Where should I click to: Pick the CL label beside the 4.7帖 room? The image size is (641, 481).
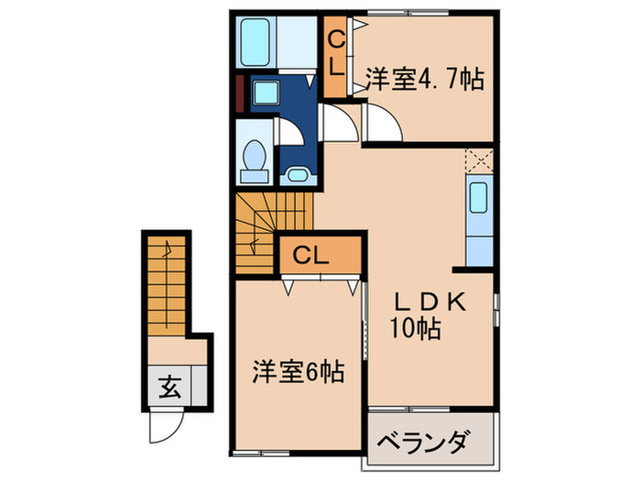click(x=336, y=54)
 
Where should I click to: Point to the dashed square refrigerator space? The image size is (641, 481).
click(x=479, y=161)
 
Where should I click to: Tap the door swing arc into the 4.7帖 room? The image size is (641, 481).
click(x=377, y=120)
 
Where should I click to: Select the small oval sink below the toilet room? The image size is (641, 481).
click(x=297, y=174)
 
